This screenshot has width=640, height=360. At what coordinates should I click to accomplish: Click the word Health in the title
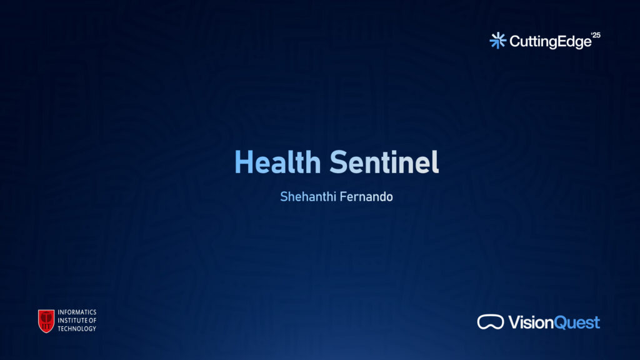coord(277,162)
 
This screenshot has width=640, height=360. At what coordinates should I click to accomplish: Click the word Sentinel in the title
coord(384,162)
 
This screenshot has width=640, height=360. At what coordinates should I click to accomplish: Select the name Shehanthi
coord(307,197)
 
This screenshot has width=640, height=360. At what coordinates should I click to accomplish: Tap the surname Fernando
coord(366,197)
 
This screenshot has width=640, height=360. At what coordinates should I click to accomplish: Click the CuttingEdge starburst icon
coord(498,41)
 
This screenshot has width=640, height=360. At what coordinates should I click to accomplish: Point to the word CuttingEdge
coord(550,42)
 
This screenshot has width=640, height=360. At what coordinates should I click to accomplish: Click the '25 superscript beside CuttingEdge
coord(596,35)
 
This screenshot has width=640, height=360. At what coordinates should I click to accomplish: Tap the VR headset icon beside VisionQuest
coord(490,322)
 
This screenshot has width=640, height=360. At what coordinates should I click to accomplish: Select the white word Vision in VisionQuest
coord(531,322)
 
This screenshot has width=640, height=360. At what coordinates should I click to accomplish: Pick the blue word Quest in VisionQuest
coord(577,323)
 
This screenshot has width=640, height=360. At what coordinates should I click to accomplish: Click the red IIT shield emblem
coord(46,321)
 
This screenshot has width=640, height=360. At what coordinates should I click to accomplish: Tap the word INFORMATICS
coord(77,312)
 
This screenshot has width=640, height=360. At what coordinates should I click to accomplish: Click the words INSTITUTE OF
coord(77,321)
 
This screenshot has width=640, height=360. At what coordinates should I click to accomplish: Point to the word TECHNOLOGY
coord(77,329)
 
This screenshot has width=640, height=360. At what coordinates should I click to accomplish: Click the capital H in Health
coord(243,162)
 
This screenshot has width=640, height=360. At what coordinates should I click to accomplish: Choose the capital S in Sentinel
coord(337,162)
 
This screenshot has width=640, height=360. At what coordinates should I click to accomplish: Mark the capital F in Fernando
coord(343,197)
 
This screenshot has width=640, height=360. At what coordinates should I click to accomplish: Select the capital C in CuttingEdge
coord(516,41)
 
